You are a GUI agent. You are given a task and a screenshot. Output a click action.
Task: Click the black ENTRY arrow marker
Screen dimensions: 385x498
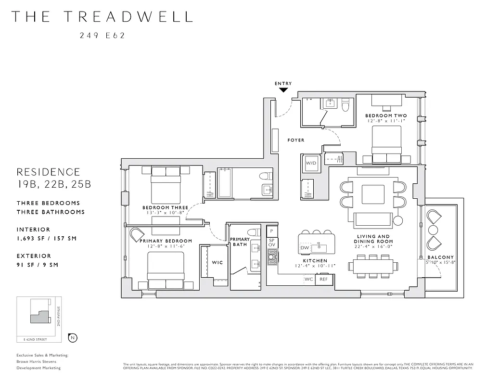[283, 89]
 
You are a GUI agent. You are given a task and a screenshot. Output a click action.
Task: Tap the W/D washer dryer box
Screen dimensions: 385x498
[310, 164]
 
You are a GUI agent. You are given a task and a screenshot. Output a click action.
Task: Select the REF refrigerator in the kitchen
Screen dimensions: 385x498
[324, 279]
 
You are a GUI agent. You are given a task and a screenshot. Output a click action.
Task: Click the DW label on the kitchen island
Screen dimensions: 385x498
[304, 248]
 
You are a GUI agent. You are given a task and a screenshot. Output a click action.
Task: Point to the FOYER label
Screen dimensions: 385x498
[296, 140]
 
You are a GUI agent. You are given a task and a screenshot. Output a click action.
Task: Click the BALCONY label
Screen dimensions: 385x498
[440, 257]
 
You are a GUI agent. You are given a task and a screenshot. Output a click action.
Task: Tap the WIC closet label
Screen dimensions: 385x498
[217, 262]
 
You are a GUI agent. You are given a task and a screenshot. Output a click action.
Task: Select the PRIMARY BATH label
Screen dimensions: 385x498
[240, 242]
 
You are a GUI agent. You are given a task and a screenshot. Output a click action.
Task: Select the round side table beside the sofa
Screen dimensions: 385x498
[398, 221]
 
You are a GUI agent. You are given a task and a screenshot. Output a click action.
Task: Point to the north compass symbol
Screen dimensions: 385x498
[73, 337]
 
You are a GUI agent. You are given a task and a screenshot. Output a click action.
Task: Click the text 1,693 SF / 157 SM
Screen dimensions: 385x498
[47, 238]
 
